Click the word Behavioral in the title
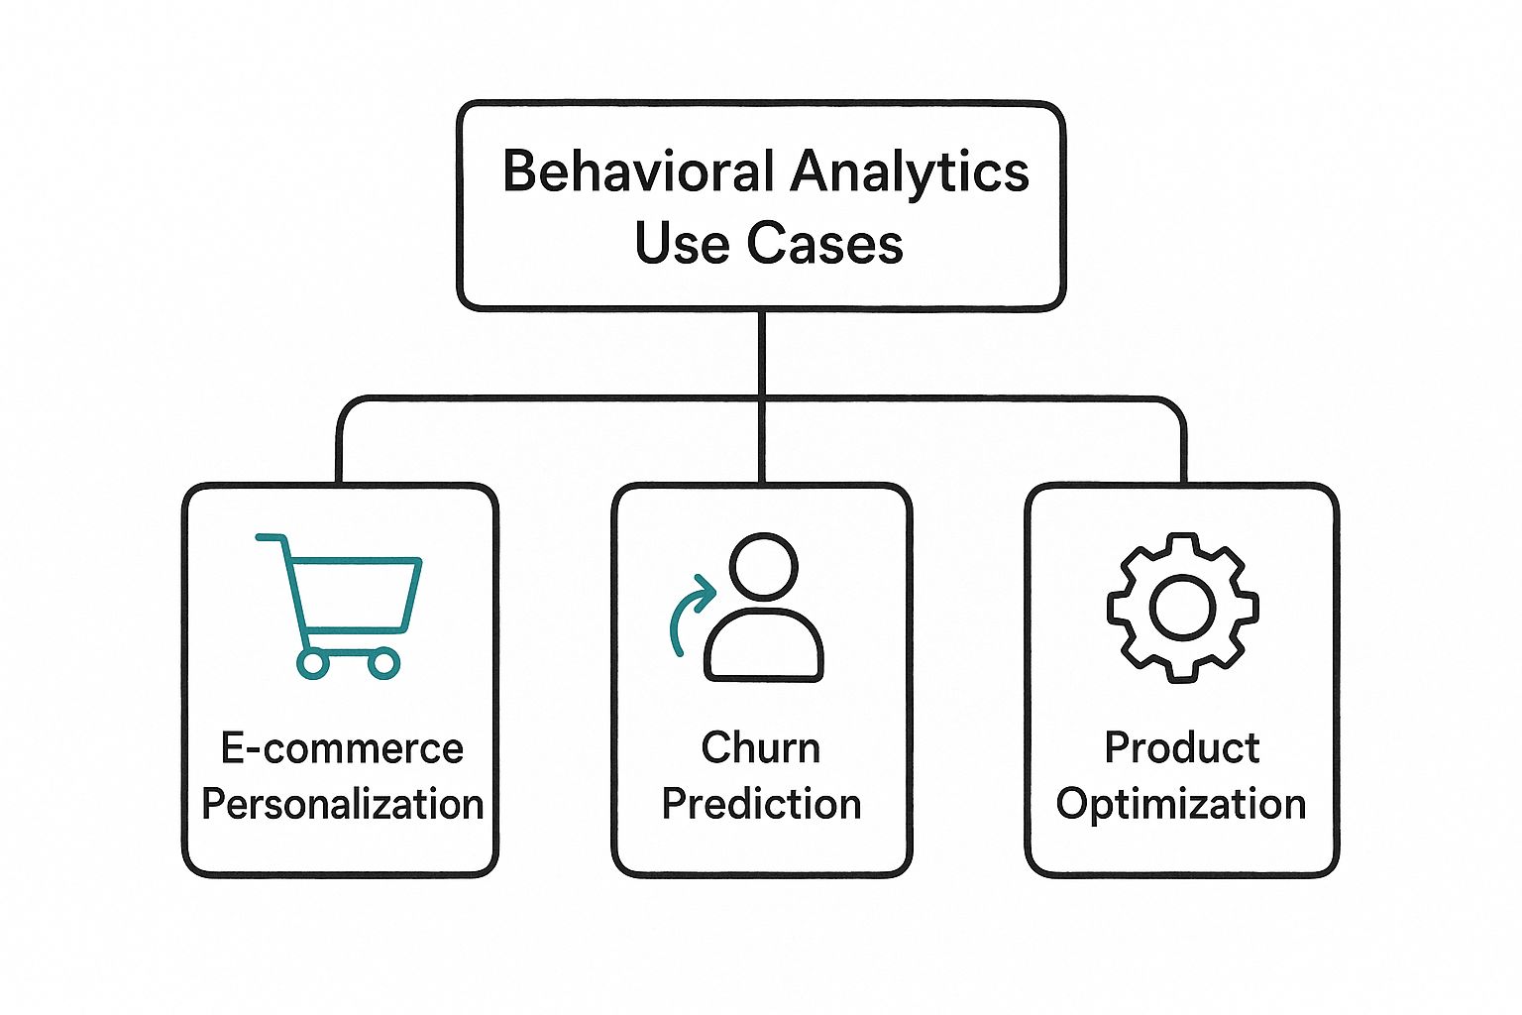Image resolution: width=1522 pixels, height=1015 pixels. pos(638,171)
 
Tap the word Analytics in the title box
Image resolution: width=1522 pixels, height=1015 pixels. pos(910,171)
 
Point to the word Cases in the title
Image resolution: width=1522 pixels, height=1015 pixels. pos(824,243)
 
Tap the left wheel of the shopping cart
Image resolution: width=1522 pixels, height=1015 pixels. pos(313,663)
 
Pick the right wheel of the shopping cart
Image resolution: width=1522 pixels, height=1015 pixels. pos(383,663)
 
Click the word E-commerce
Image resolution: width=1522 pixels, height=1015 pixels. pos(342,748)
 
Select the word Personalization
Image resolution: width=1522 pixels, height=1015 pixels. pos(342,804)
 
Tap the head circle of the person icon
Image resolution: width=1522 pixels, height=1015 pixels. pos(763,566)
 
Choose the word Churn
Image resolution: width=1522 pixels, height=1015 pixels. pos(761,748)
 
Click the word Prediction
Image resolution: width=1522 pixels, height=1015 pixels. pos(761,804)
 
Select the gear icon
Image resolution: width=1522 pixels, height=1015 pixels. pos(1182,607)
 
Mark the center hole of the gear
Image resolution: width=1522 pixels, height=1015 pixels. pos(1182,607)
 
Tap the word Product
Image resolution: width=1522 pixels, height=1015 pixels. pos(1182,748)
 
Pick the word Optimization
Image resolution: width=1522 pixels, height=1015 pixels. pos(1181,804)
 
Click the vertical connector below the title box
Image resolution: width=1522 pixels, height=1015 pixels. pos(761,353)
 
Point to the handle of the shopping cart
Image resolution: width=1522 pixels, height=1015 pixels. pos(270,538)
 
